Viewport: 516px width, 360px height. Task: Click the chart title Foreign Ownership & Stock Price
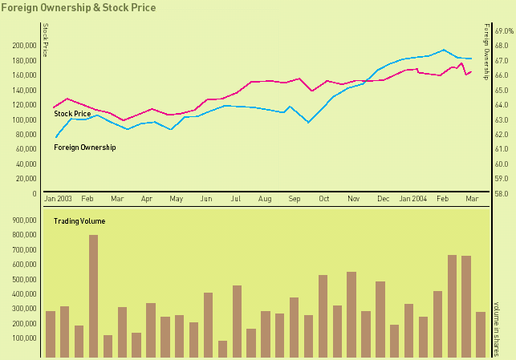[x=79, y=7]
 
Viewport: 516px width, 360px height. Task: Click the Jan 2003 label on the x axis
[x=59, y=198]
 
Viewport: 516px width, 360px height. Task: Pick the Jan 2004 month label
[x=414, y=198]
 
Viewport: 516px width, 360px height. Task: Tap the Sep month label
[x=294, y=198]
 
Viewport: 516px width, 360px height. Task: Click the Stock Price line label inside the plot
[x=72, y=114]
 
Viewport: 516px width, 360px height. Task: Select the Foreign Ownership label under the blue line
[x=85, y=148]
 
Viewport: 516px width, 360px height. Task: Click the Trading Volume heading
[x=79, y=220]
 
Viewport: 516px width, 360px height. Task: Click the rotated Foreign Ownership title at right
[x=486, y=47]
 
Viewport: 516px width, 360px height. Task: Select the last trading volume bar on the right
[x=481, y=334]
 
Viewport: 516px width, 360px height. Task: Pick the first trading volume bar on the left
[x=51, y=334]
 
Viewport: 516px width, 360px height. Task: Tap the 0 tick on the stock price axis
[x=35, y=193]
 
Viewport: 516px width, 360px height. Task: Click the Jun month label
[x=206, y=198]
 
